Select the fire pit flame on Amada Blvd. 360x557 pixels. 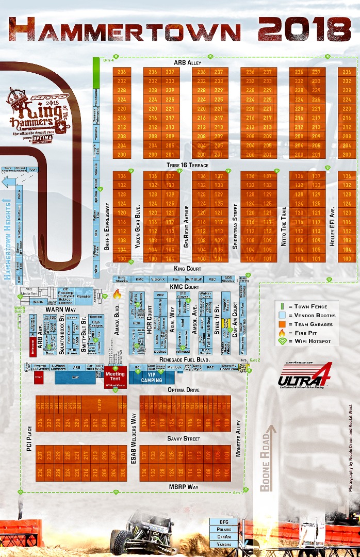pos(117,294)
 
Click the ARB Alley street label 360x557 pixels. pos(187,62)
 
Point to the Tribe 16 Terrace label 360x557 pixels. pos(187,165)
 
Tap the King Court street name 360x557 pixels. pos(187,269)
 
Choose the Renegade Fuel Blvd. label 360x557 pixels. pos(183,358)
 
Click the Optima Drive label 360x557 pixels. pos(184,390)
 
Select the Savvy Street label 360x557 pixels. pos(183,439)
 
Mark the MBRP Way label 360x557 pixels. pos(184,486)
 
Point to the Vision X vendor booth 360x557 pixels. pos(158,279)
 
